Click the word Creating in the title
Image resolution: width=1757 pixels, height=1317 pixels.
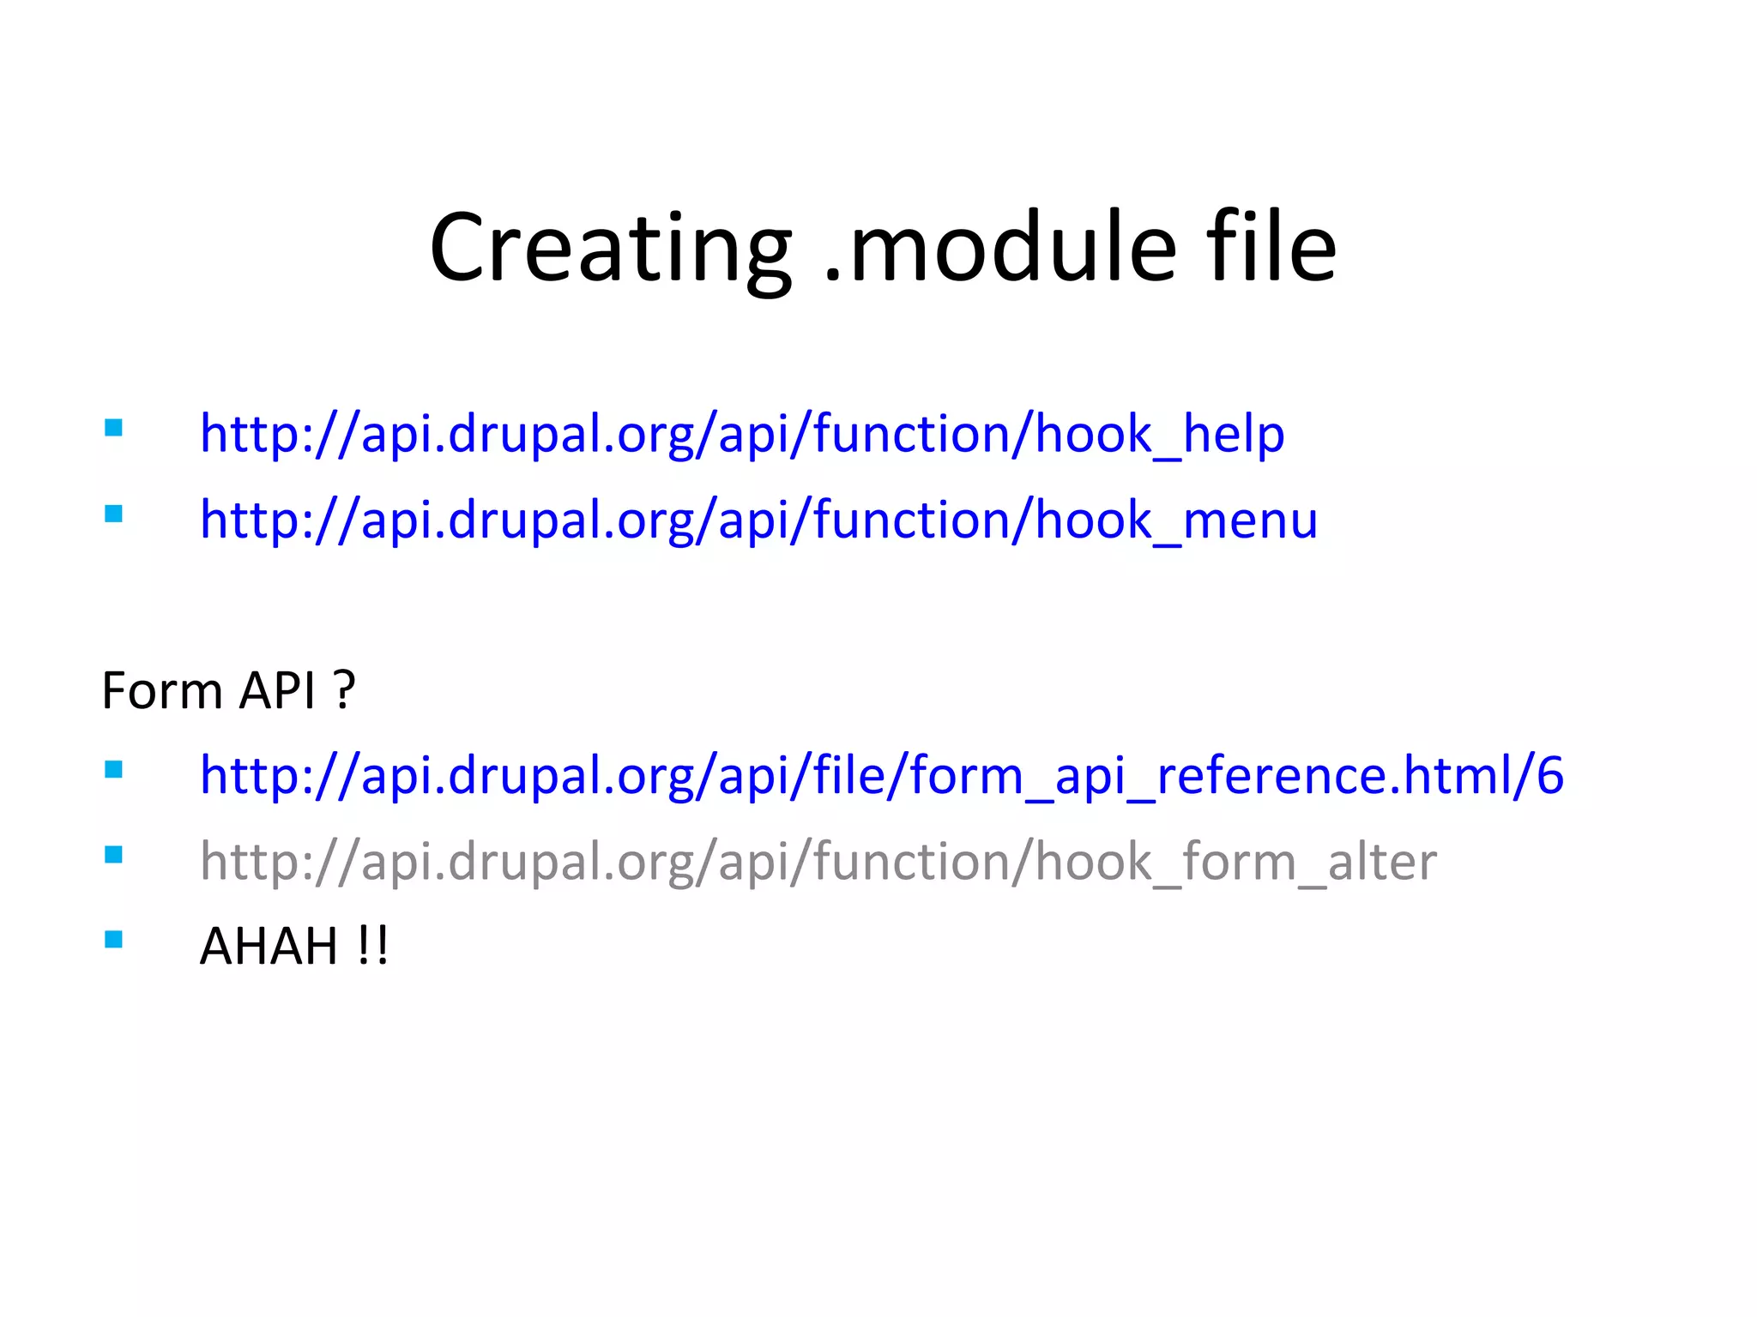[x=610, y=248]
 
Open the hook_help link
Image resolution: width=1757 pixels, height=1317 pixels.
[x=742, y=434]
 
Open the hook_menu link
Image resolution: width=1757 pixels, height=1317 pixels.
[x=758, y=520]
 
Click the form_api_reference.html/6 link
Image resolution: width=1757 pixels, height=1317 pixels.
[x=881, y=776]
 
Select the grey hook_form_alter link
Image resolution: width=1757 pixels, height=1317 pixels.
[x=818, y=862]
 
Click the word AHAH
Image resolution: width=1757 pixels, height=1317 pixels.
[x=269, y=947]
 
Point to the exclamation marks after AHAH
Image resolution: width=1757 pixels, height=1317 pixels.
[x=372, y=947]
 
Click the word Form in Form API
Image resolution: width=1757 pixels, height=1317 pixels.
[x=162, y=690]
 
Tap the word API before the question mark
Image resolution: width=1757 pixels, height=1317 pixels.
[x=277, y=690]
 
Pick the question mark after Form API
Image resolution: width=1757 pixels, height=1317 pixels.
[x=344, y=690]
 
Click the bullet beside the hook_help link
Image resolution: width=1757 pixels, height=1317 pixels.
[x=113, y=428]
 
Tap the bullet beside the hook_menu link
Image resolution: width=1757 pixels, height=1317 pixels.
[x=113, y=514]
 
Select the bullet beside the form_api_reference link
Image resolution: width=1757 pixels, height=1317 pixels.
[x=113, y=769]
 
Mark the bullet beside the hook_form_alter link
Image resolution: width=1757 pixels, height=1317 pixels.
[x=113, y=855]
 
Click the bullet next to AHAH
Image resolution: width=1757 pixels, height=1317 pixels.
[x=113, y=940]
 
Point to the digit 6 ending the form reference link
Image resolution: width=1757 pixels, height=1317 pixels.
[x=1549, y=776]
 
